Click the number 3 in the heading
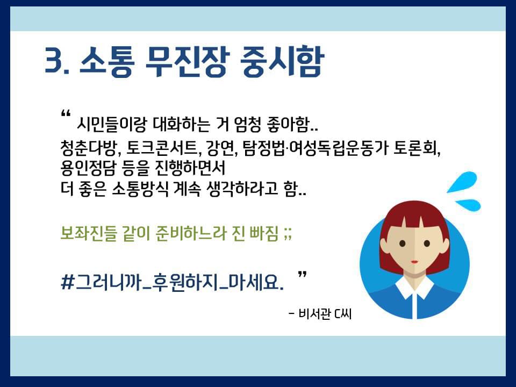[x=54, y=60]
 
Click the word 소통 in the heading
[x=107, y=61]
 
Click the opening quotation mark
[x=66, y=114]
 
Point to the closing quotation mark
[x=303, y=275]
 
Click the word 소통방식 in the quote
[x=140, y=189]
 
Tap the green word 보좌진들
[x=89, y=233]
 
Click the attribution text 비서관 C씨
[x=325, y=313]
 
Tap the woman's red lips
[x=414, y=262]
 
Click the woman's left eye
[x=403, y=243]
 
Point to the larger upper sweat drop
[x=462, y=182]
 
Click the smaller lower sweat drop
[x=468, y=205]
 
